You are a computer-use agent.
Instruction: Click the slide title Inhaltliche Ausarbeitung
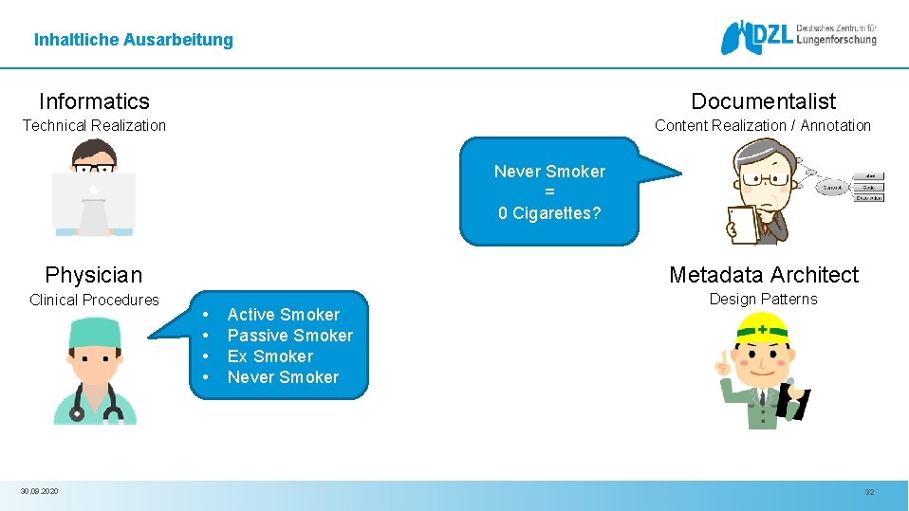pyautogui.click(x=133, y=40)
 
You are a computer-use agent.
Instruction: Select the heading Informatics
pyautogui.click(x=94, y=101)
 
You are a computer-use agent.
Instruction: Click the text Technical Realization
pyautogui.click(x=94, y=125)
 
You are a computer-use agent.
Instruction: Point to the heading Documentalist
pyautogui.click(x=763, y=101)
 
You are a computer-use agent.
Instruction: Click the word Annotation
pyautogui.click(x=836, y=125)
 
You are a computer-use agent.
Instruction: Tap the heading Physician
pyautogui.click(x=93, y=275)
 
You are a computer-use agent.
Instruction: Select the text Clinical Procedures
pyautogui.click(x=94, y=300)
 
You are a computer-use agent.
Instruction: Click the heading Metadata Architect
pyautogui.click(x=763, y=275)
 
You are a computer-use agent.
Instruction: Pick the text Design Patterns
pyautogui.click(x=763, y=299)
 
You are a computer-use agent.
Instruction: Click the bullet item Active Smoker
pyautogui.click(x=283, y=315)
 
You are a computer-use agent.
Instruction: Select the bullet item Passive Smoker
pyautogui.click(x=289, y=336)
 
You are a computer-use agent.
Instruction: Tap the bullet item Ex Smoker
pyautogui.click(x=269, y=356)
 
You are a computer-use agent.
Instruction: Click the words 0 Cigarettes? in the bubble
pyautogui.click(x=549, y=213)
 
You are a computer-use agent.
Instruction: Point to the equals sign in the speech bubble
pyautogui.click(x=549, y=192)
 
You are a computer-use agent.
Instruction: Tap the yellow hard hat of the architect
pyautogui.click(x=763, y=328)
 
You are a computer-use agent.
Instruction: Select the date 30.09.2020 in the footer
pyautogui.click(x=39, y=491)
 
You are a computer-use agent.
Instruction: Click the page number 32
pyautogui.click(x=869, y=492)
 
